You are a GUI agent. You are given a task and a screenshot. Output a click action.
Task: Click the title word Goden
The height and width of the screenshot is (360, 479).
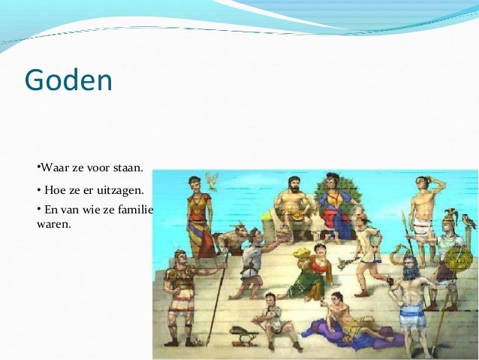[68, 80]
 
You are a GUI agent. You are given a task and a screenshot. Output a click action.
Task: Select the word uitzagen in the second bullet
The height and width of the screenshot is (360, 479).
[119, 190]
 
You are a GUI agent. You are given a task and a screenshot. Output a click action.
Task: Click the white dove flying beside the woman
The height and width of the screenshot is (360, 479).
[212, 180]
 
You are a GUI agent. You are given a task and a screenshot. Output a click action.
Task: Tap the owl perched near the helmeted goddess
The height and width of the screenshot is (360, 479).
[469, 221]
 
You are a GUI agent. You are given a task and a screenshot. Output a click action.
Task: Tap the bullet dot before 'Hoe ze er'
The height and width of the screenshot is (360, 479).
[38, 190]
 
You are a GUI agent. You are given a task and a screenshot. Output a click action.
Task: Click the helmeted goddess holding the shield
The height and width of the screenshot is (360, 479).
[449, 256]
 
